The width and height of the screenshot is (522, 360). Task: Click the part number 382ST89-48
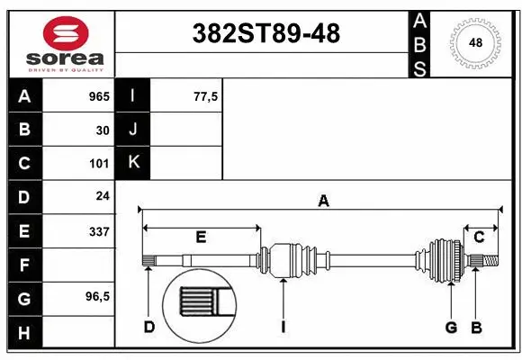tap(267, 33)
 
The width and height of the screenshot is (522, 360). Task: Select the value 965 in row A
tap(99, 96)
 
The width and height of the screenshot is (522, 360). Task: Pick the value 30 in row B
tap(103, 130)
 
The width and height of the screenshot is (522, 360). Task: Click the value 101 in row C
tap(99, 164)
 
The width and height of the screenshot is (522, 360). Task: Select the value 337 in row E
tap(99, 231)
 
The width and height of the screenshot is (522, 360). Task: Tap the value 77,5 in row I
tap(206, 96)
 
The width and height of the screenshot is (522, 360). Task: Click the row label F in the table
tap(24, 265)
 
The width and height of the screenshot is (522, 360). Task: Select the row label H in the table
tap(24, 333)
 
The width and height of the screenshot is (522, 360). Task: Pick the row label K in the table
tap(133, 163)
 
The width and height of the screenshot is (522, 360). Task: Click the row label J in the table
tap(133, 130)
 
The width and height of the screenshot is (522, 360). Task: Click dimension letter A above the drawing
tap(323, 202)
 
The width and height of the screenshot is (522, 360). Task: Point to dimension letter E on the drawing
tap(201, 238)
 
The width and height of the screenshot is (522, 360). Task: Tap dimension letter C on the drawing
tap(480, 237)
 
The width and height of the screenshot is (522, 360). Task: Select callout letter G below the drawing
tap(451, 327)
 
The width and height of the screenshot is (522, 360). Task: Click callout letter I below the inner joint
tap(283, 327)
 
